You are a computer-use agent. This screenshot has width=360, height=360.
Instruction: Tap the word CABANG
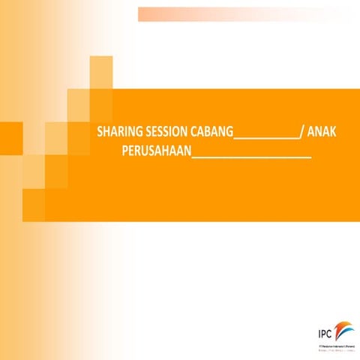coord(210,133)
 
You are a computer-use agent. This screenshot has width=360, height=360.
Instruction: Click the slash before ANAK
coord(301,133)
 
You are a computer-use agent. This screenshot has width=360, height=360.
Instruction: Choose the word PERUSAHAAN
coord(155,152)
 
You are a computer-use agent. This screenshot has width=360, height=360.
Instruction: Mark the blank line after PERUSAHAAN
coord(251,157)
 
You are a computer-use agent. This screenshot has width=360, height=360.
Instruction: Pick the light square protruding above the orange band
coord(101,72)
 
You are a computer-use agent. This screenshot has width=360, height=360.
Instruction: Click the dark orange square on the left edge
coord(10,137)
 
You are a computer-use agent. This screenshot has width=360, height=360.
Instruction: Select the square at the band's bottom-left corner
coord(34,205)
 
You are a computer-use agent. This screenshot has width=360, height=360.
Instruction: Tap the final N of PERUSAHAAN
coord(187,152)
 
